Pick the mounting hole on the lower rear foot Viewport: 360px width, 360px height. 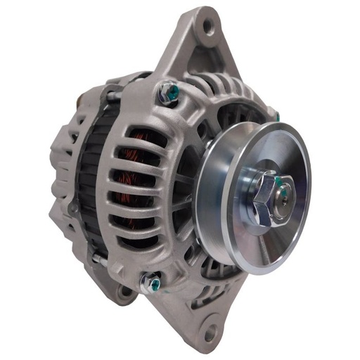pos(127,290)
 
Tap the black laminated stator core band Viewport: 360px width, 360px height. pos(88,176)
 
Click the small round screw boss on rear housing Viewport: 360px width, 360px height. pos(72,208)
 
